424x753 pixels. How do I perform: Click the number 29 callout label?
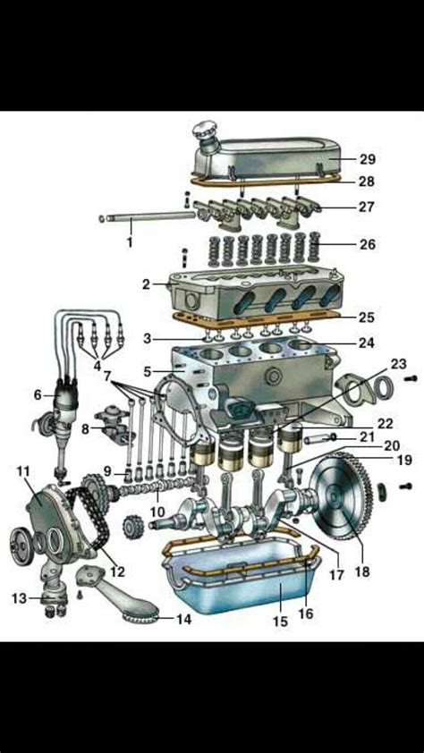[367, 159]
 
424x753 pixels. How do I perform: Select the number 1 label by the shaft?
[129, 241]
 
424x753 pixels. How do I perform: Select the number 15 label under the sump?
[280, 621]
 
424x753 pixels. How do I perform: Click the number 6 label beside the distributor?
[38, 394]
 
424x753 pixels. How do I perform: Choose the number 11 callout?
[23, 470]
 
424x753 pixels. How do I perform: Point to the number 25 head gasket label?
[367, 317]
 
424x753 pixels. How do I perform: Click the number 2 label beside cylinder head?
[145, 285]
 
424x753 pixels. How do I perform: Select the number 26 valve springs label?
[367, 244]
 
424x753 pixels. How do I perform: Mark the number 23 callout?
[398, 364]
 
